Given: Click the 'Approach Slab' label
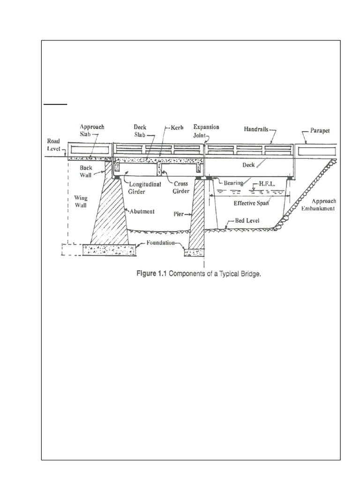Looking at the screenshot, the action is (x=92, y=130).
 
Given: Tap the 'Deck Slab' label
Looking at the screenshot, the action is (x=140, y=131).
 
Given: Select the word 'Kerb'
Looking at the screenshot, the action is (x=177, y=127).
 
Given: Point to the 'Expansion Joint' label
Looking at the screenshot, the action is (x=206, y=131).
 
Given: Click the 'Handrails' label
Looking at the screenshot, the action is (x=256, y=129).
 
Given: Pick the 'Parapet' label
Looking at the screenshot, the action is (x=320, y=130).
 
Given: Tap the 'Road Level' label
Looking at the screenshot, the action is (x=53, y=145).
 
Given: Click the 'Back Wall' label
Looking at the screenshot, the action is (x=86, y=172).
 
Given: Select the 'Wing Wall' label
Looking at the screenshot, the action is (x=81, y=202).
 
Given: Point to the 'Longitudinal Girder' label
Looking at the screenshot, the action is (x=145, y=187).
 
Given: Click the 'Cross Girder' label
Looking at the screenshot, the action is (x=181, y=187).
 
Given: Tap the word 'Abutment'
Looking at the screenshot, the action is (x=142, y=211).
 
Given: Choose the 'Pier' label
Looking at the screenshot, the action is (x=179, y=214).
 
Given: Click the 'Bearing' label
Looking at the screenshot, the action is (x=233, y=183).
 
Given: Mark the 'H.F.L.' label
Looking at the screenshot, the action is (x=267, y=184).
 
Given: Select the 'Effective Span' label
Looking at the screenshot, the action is (x=251, y=203).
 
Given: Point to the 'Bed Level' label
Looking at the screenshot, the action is (x=247, y=220).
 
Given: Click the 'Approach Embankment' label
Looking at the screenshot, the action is (x=318, y=205).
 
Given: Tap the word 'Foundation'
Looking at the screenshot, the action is (x=160, y=243).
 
